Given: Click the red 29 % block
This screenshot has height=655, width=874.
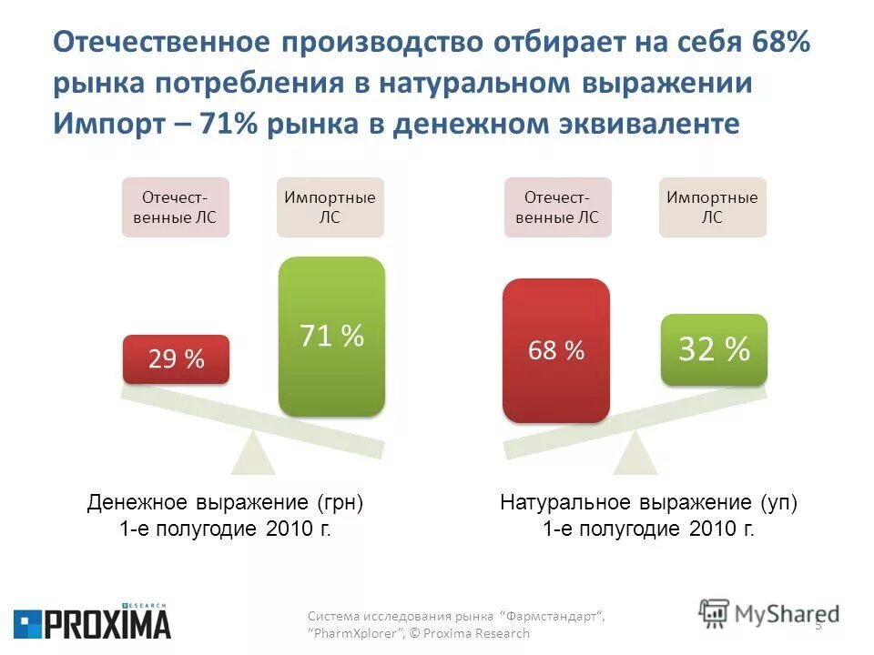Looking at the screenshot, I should (x=176, y=359).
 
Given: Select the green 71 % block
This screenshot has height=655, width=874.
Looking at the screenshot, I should (x=331, y=337).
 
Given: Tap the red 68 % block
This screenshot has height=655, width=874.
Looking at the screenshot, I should (x=555, y=350).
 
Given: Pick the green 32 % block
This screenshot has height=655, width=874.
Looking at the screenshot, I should (x=713, y=348).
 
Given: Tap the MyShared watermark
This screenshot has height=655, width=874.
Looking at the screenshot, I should (x=769, y=614).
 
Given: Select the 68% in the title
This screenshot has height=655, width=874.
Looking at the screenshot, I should (x=781, y=42).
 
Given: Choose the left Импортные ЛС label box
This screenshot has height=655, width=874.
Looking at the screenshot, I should (x=330, y=207).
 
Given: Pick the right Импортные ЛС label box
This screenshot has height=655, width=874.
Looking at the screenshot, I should (x=712, y=207).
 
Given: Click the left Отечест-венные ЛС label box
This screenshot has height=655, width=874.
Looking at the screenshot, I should (x=176, y=207).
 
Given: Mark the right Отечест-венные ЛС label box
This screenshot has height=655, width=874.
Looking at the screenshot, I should (x=557, y=207).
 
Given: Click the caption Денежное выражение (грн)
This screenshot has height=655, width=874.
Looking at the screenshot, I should (x=225, y=503).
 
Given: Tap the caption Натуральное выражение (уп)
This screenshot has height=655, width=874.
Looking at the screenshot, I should (x=648, y=503).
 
